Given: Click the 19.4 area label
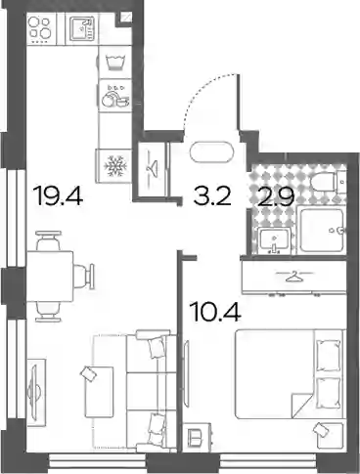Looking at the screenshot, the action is [59, 195].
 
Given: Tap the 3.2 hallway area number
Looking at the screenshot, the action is [212, 195].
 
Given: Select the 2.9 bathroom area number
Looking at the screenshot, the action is [276, 197].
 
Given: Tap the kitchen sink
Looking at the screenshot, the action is [82, 29].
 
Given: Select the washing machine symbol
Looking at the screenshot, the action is [115, 62].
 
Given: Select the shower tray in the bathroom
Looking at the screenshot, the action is [322, 231].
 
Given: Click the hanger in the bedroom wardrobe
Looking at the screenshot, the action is [294, 277].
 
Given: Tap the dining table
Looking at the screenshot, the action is [50, 276].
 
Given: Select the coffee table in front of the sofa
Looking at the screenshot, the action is [99, 392].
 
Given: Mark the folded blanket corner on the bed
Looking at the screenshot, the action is [302, 406].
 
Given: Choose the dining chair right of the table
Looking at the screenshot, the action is [84, 277].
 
